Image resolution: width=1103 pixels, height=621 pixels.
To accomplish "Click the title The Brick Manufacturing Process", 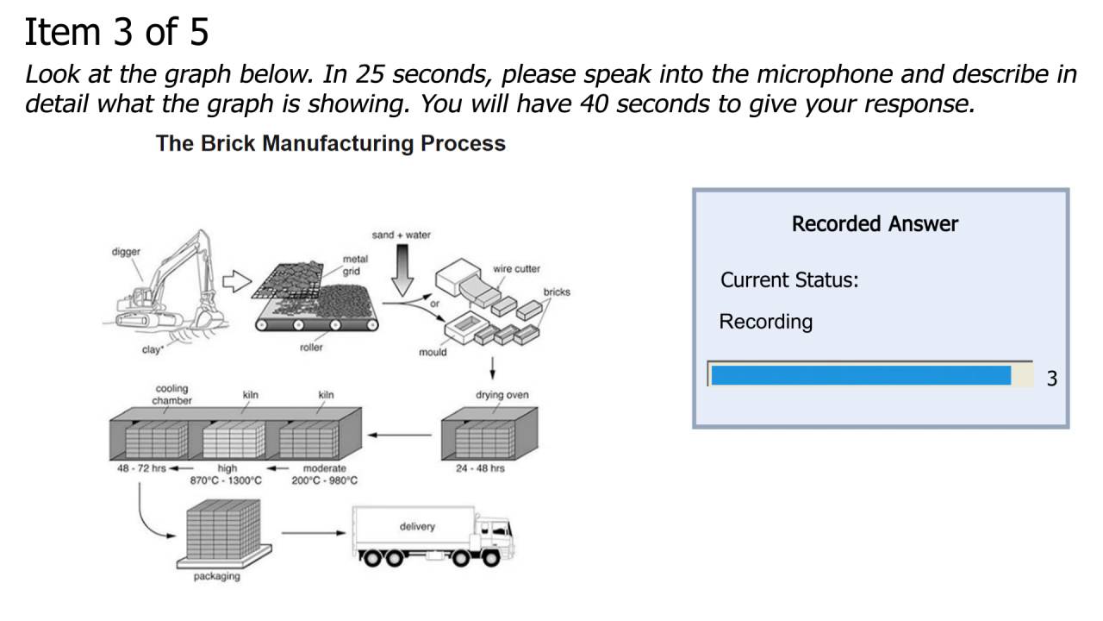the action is (x=330, y=143).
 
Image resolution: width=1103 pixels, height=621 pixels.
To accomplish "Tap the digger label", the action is (x=126, y=252).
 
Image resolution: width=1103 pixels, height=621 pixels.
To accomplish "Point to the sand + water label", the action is (x=402, y=235).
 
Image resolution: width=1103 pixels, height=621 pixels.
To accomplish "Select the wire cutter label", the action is (x=516, y=269).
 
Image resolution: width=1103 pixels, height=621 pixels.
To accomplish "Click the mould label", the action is (x=433, y=352).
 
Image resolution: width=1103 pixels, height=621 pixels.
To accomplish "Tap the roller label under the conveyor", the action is (x=311, y=348).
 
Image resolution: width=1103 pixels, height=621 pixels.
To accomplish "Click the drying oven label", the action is (x=502, y=395).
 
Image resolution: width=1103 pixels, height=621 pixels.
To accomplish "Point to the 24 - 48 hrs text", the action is (x=480, y=468).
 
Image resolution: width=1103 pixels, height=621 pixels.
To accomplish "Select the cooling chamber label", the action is (x=172, y=394).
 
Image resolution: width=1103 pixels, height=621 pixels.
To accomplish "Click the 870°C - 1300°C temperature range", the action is (x=226, y=480).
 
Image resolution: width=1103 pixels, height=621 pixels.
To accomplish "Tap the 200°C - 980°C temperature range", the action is (x=324, y=480).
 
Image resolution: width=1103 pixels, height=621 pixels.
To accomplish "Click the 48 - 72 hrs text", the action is (x=141, y=468).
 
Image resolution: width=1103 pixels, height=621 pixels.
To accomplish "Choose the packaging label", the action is (x=216, y=576).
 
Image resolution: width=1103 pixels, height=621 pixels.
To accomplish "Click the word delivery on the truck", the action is (x=417, y=526).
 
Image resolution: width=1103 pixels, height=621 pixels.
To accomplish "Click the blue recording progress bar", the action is (x=860, y=375).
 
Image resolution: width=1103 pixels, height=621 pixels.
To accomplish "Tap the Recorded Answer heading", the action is (x=875, y=224).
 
